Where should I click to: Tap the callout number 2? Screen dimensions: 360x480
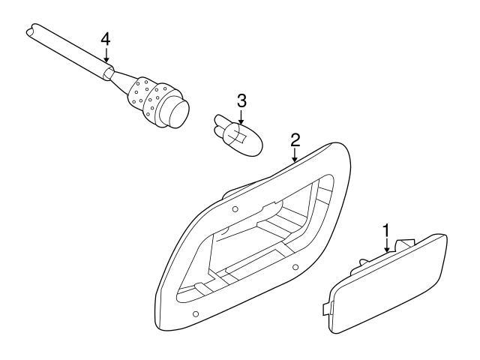coord(295,139)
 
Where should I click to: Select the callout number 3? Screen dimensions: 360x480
coord(241,100)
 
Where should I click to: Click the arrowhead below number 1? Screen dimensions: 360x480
coord(386,250)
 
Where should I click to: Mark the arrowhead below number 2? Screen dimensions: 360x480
coord(295,160)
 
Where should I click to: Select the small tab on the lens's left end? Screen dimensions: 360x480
coord(325,307)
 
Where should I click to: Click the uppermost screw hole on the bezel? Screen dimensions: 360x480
coord(235,209)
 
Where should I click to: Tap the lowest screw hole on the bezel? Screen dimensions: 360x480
coord(196,313)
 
